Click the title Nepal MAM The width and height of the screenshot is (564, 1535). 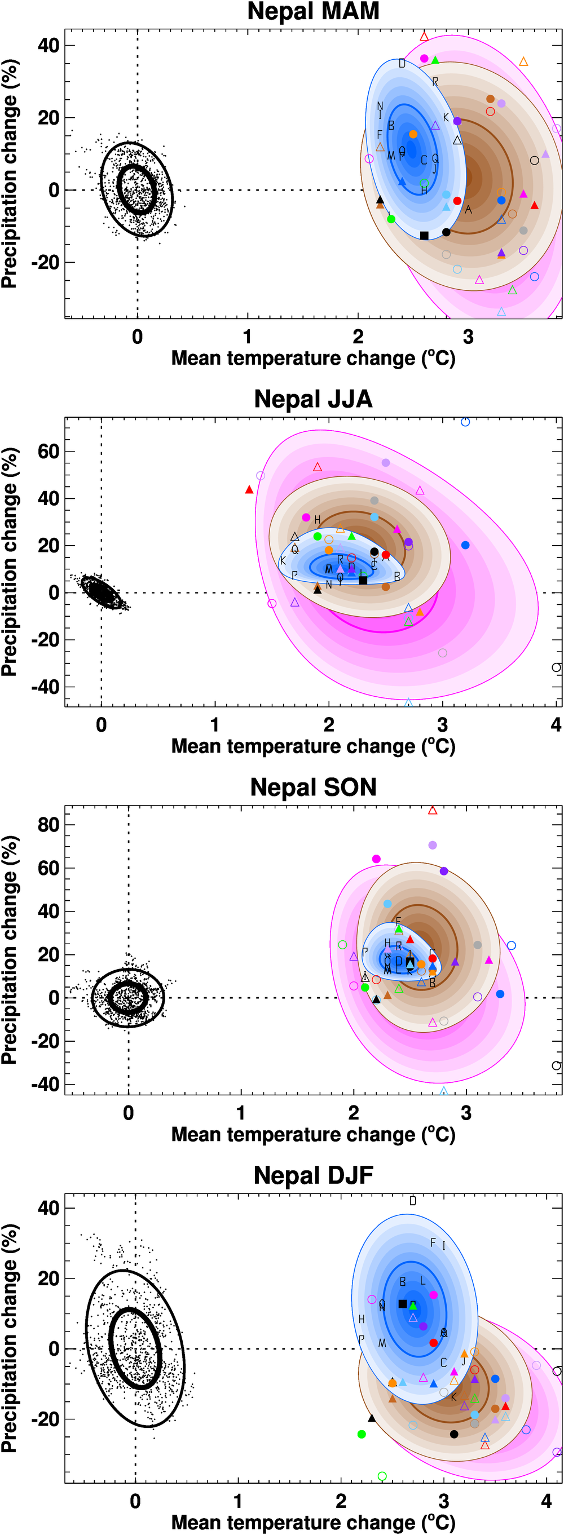[x=313, y=11]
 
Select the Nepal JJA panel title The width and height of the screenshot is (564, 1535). [x=313, y=399]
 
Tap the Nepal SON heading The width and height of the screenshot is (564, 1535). [x=313, y=787]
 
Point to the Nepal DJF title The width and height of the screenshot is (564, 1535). [x=313, y=1176]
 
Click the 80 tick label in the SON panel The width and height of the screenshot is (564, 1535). [x=49, y=825]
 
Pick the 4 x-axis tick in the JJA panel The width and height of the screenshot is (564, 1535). [x=556, y=725]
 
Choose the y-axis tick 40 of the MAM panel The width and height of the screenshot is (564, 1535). [x=49, y=45]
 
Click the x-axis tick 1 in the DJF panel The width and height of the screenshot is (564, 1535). [x=238, y=1501]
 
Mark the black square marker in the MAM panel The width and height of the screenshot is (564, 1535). [x=424, y=236]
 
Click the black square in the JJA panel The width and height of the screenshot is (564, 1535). [x=363, y=581]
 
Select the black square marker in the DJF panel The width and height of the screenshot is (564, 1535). [x=403, y=1304]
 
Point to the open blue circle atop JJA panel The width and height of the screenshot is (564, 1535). [x=465, y=422]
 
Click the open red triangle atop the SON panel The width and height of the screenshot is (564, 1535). [x=433, y=811]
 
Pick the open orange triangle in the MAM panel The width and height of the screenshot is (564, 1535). [x=523, y=62]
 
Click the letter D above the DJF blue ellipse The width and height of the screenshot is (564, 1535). [x=413, y=1201]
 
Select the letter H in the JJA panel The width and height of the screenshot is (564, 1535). [x=317, y=520]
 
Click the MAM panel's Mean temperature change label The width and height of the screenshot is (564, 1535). [x=313, y=358]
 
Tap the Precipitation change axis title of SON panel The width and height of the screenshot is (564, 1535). [x=9, y=950]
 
